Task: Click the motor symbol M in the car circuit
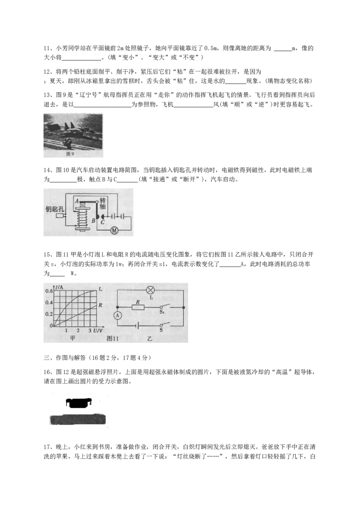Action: [114, 230]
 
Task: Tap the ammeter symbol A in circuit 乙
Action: [117, 316]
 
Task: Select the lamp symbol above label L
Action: [151, 290]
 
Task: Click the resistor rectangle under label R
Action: [138, 307]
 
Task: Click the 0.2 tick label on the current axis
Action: [49, 314]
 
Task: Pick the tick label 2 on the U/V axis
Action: [78, 330]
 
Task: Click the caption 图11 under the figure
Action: [112, 338]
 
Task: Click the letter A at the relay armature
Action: [77, 201]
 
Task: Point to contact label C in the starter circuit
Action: [103, 222]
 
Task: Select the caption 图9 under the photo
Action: [70, 154]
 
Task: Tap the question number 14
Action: [48, 170]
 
